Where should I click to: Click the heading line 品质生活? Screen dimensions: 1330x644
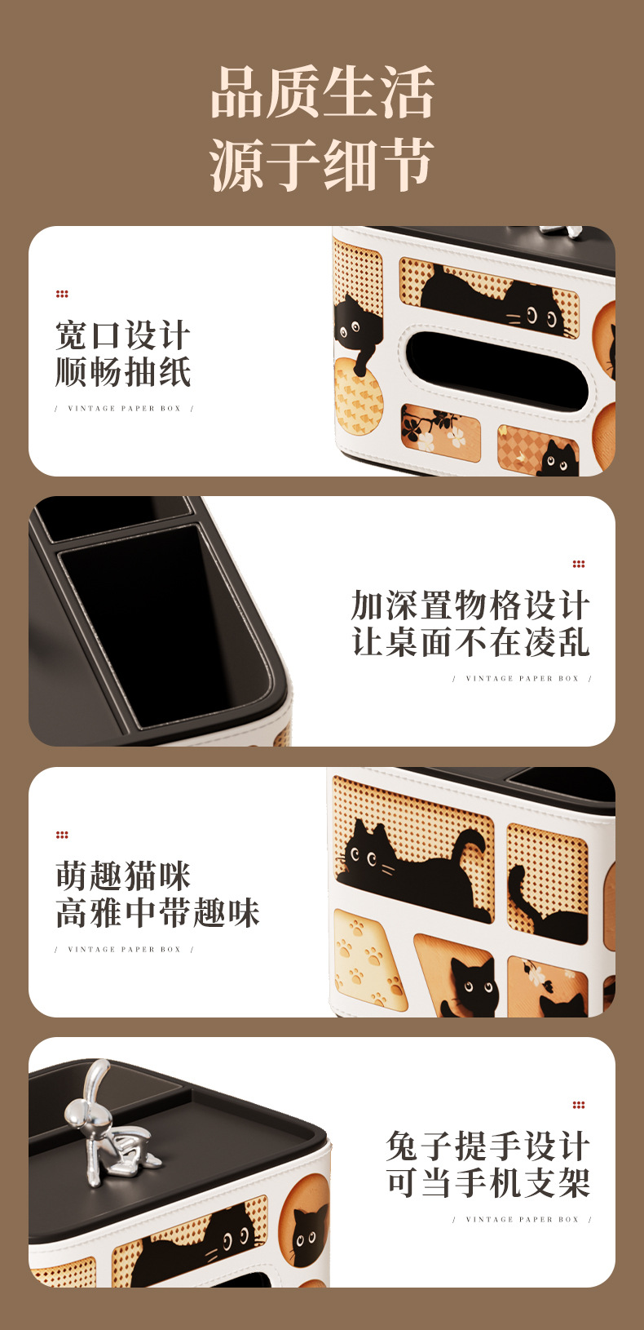coord(322,94)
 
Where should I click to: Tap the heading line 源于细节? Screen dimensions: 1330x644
coord(322,166)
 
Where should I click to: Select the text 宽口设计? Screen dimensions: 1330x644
coord(123,335)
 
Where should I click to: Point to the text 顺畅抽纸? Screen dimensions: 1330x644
coord(123,372)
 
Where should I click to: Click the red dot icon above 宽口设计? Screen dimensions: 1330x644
coord(62,294)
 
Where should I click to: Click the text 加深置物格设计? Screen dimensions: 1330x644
coord(470,605)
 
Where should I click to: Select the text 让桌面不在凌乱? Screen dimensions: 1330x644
coord(470,642)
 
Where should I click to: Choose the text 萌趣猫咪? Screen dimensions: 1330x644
coord(123,876)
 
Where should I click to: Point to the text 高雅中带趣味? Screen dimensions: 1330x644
coord(157,913)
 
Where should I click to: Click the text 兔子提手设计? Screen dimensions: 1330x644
coord(487,1146)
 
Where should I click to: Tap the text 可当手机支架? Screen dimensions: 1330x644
coord(487,1183)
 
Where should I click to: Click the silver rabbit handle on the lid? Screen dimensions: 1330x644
coord(106,1122)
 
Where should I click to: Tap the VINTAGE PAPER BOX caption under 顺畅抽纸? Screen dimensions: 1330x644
coord(124,409)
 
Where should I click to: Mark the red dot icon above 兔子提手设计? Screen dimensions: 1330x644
coord(579,1105)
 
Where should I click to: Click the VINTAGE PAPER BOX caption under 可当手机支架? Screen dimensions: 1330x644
coord(522,1220)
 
